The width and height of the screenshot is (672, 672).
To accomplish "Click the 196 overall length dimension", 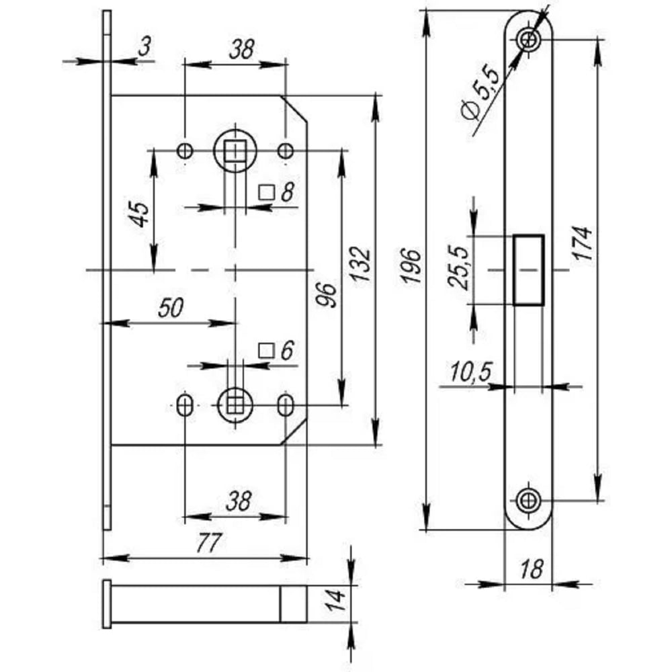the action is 411,265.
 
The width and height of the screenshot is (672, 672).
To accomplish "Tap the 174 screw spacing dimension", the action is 583,243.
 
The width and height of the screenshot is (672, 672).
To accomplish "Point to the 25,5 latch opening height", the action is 458,268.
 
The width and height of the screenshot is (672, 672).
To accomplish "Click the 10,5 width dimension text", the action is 471,372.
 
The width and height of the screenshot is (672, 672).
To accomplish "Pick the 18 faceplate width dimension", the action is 532,569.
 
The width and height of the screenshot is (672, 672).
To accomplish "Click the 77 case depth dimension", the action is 209,542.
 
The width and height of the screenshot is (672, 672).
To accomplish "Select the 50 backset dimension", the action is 171,307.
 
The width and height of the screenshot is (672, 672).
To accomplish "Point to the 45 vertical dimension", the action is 140,214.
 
